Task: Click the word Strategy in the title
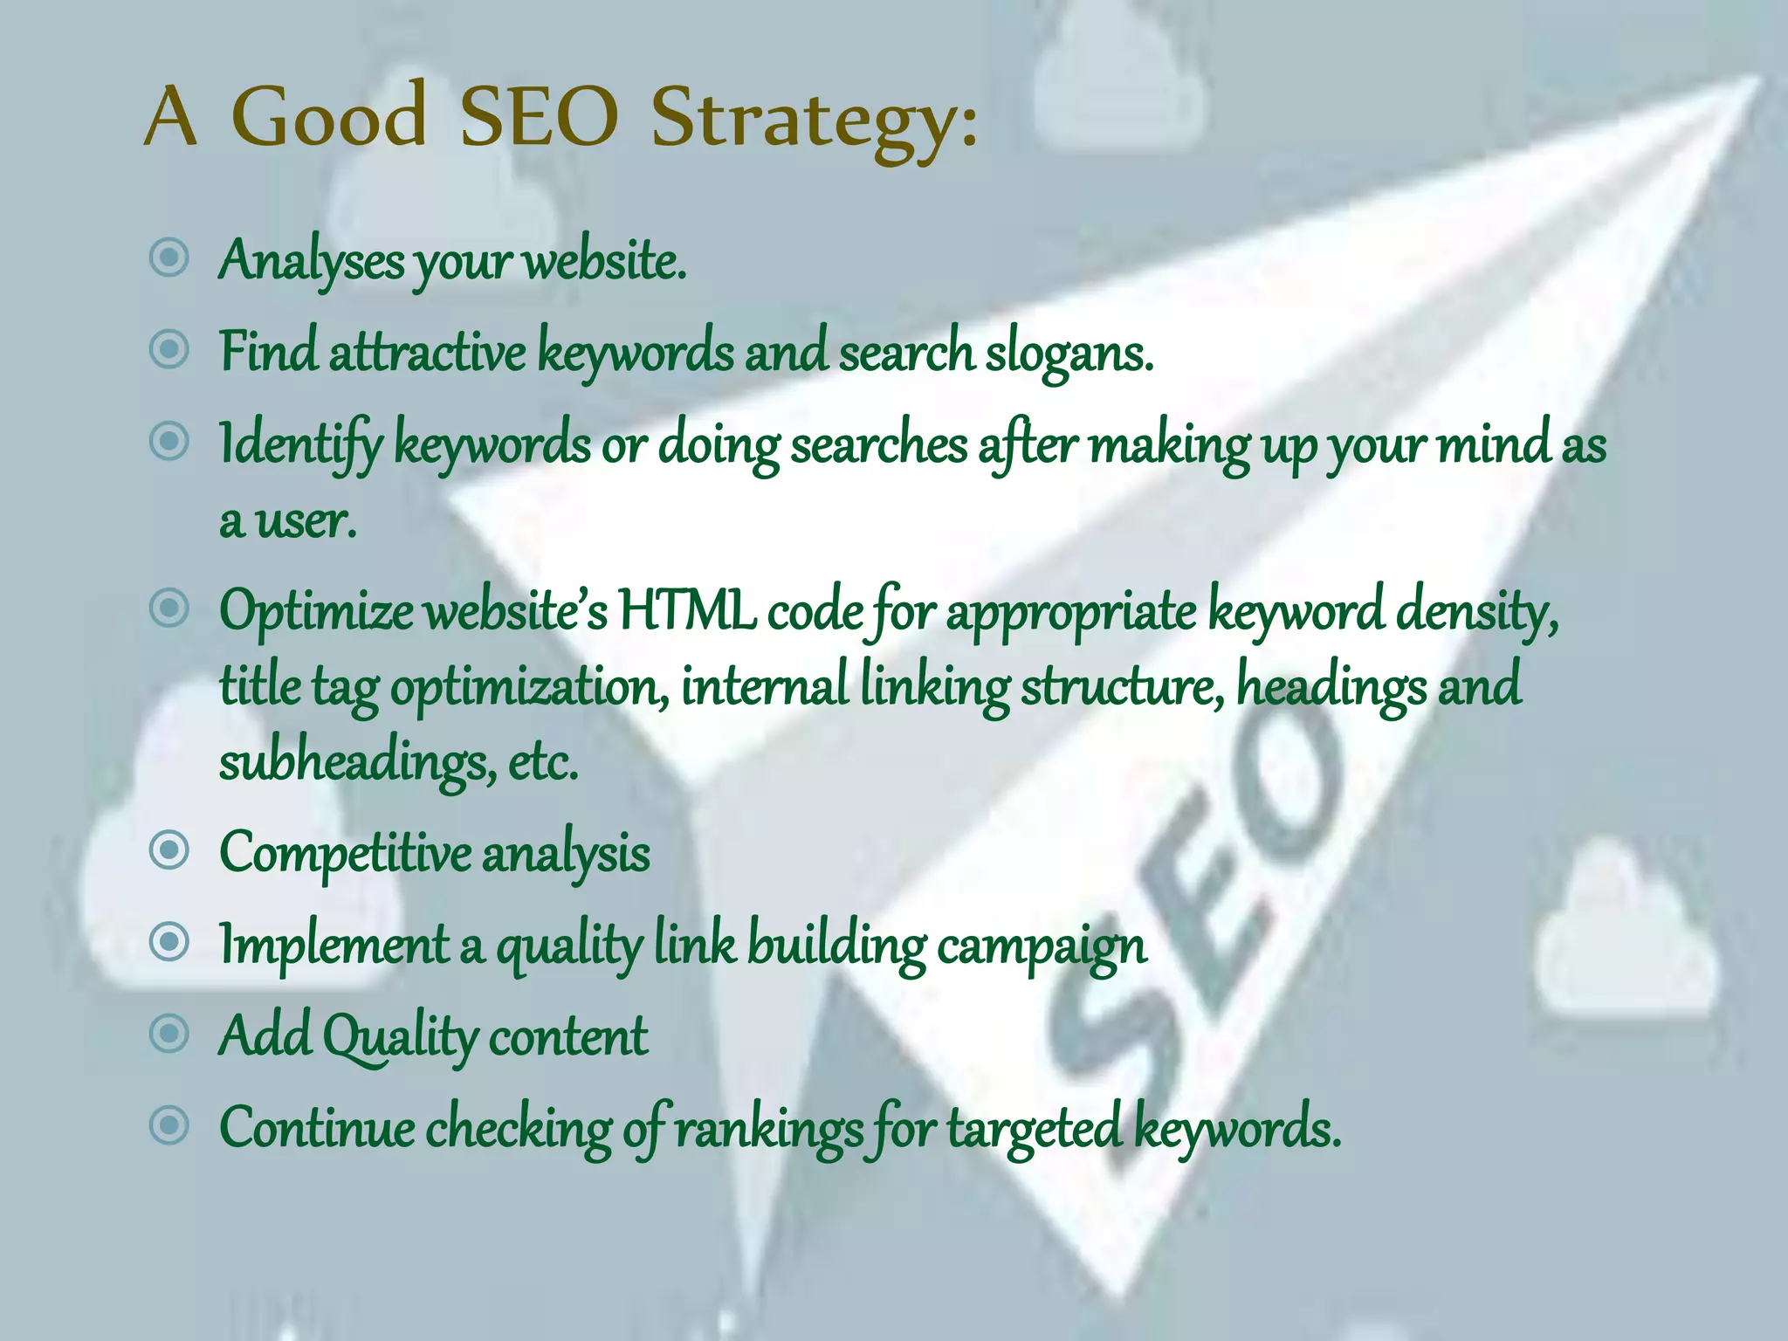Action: [814, 120]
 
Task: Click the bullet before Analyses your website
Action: [169, 258]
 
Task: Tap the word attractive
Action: [428, 352]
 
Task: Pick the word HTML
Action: [687, 610]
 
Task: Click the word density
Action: [1475, 612]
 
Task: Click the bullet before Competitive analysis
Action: [169, 850]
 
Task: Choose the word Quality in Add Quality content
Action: [401, 1038]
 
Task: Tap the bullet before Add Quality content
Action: [169, 1034]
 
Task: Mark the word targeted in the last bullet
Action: [1034, 1129]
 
